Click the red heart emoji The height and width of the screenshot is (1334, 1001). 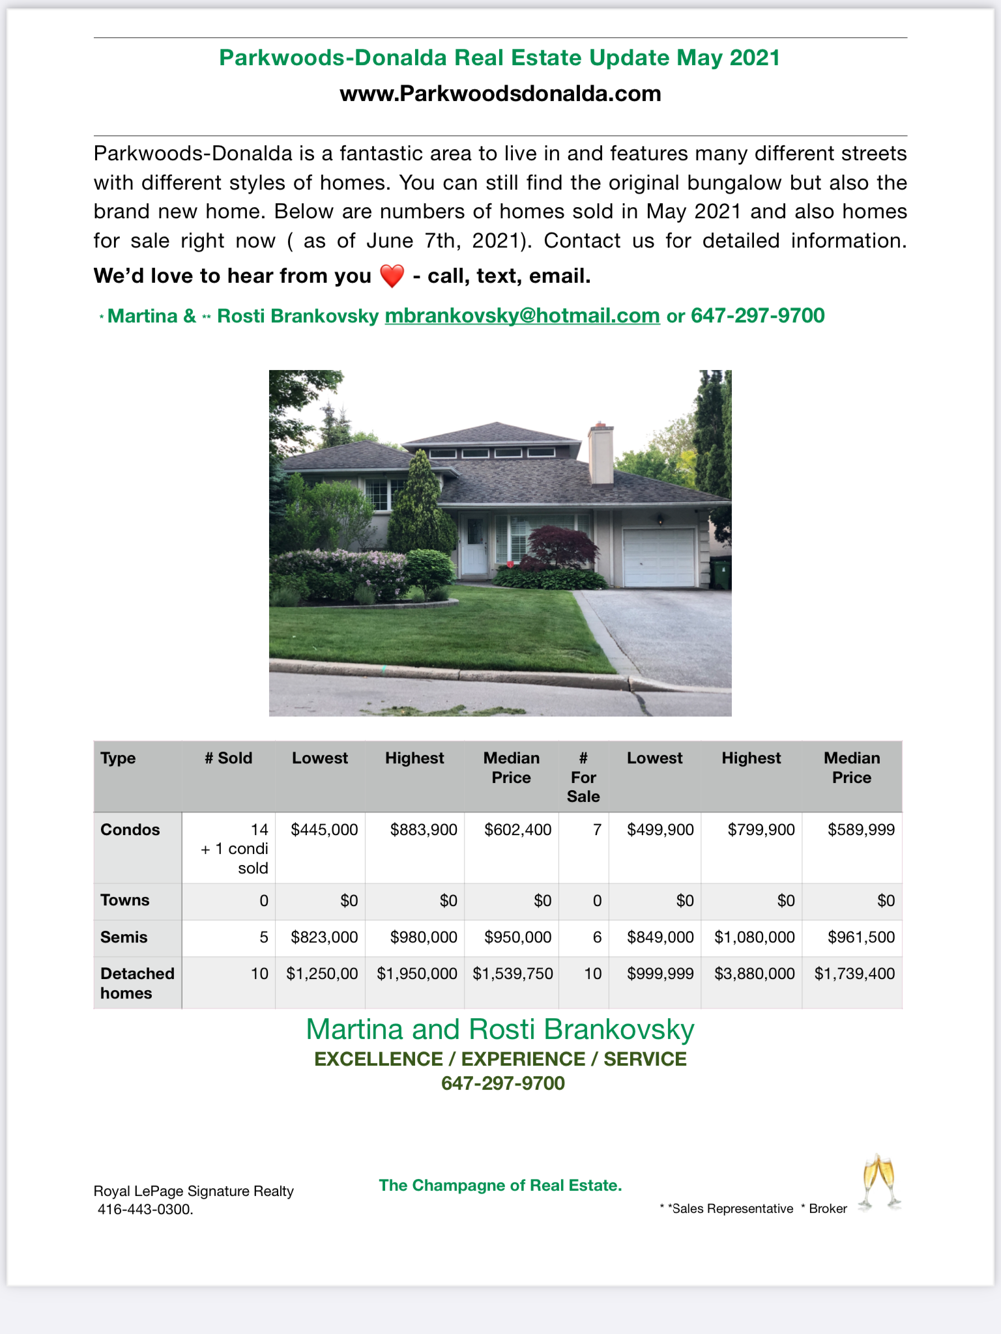392,276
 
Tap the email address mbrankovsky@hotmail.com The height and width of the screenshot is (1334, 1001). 522,316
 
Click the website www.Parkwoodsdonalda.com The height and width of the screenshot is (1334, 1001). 500,94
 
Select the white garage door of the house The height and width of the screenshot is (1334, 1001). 658,558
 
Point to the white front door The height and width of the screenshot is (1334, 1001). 474,545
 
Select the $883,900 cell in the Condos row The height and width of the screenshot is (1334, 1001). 424,830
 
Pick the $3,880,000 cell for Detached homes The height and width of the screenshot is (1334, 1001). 754,974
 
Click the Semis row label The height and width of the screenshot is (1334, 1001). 124,937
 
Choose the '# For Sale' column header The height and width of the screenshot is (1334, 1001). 583,777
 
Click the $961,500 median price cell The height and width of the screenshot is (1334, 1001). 861,937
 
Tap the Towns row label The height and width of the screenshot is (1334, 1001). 124,900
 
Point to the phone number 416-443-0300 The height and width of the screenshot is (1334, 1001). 145,1210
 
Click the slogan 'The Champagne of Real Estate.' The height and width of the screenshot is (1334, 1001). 500,1185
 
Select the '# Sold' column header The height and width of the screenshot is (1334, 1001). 228,758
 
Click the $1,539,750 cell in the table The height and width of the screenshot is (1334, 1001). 512,974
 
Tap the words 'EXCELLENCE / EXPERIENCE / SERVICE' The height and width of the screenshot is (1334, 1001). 500,1059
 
